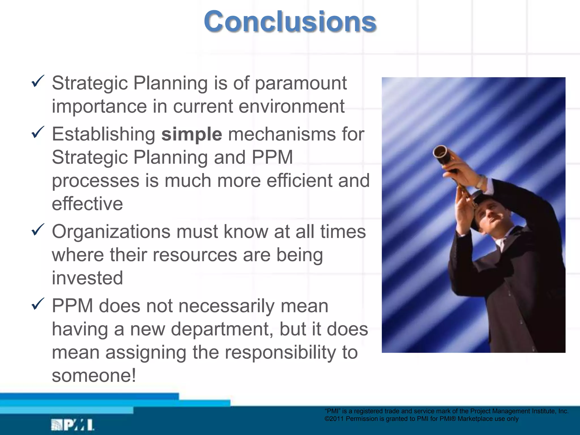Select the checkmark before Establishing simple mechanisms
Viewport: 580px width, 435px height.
point(38,132)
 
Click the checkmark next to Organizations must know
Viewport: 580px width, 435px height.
point(38,230)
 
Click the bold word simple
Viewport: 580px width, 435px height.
point(191,134)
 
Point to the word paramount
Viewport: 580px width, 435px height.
point(301,84)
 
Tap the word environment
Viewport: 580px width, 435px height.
point(291,106)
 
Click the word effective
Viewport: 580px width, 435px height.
point(87,204)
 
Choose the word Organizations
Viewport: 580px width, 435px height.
point(111,232)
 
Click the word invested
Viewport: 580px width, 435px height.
point(87,278)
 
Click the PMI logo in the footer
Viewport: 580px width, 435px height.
point(72,425)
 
